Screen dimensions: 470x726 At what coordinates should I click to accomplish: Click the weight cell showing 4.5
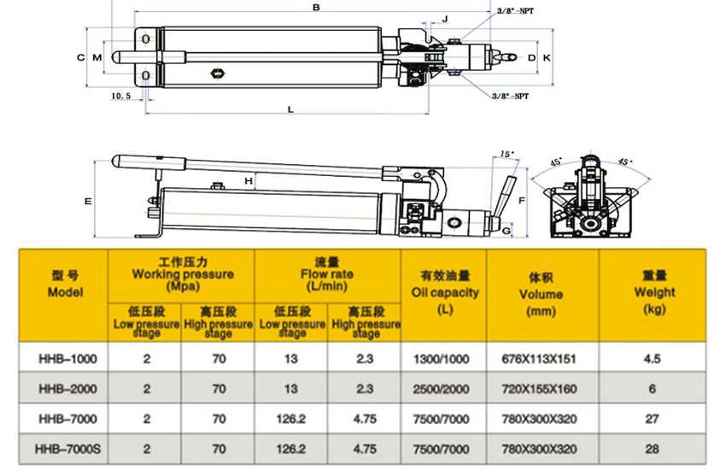tap(653, 359)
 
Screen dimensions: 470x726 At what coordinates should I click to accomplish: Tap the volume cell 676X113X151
tap(542, 359)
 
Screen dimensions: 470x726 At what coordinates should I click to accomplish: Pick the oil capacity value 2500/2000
tap(443, 389)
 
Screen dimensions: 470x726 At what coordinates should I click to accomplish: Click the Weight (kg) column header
tap(653, 291)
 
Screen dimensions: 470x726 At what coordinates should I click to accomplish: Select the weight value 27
tap(653, 419)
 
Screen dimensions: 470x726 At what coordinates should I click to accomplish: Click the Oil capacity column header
tap(443, 291)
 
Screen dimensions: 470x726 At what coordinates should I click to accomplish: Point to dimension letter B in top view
tap(316, 8)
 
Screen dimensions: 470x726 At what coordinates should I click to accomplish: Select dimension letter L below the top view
tap(290, 109)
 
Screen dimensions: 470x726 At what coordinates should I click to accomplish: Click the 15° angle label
tap(506, 154)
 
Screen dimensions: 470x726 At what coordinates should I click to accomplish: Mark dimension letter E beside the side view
tap(87, 202)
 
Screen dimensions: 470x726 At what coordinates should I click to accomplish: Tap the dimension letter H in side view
tap(249, 181)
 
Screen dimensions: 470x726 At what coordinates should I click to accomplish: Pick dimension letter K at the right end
tap(547, 57)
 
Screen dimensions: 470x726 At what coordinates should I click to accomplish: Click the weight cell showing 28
tap(653, 448)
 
